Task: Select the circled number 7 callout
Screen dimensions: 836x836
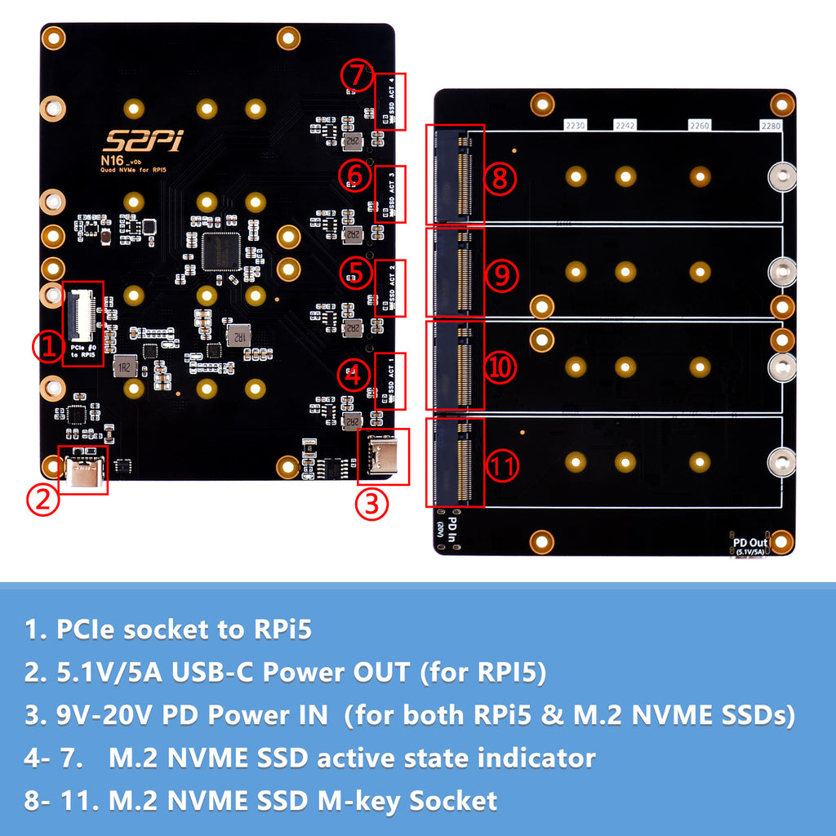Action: click(x=356, y=75)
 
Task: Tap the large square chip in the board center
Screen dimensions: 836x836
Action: click(x=220, y=251)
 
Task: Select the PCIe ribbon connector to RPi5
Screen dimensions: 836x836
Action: click(x=82, y=314)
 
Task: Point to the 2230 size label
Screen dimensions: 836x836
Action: click(x=576, y=126)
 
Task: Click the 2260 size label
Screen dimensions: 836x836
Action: click(x=700, y=126)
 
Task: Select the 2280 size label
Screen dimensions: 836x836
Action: click(x=771, y=126)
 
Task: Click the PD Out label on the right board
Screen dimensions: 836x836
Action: click(x=750, y=543)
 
